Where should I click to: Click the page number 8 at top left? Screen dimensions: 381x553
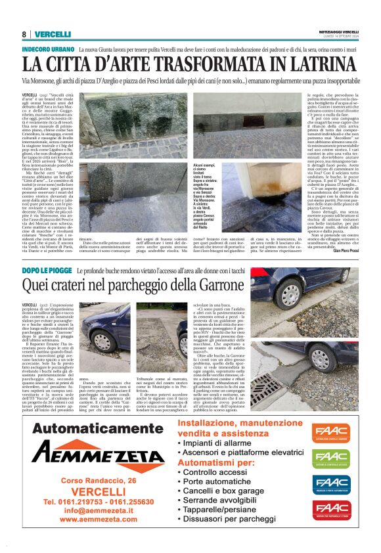pos(24,34)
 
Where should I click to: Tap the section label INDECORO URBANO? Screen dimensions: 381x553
pos(48,50)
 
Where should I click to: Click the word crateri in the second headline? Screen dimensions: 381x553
pos(82,286)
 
